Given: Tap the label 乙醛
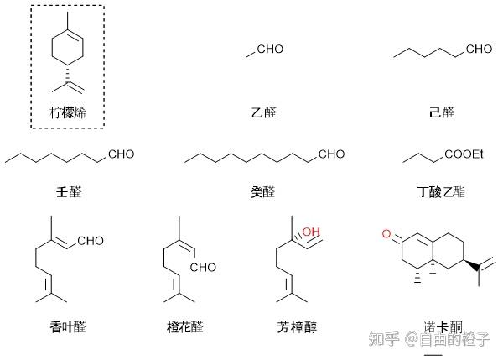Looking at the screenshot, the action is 263,112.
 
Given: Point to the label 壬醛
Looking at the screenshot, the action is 68,192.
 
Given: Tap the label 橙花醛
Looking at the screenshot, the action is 185,326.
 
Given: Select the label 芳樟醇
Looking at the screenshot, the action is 297,326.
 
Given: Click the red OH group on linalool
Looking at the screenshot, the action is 311,232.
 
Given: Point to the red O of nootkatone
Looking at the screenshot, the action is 386,232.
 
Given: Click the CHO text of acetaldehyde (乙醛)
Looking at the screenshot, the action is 270,50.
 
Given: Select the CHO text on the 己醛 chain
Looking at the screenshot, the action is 479,50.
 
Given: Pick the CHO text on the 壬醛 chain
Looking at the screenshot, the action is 121,154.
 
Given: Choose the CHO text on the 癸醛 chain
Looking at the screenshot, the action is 331,154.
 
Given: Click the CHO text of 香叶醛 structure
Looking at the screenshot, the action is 90,242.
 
